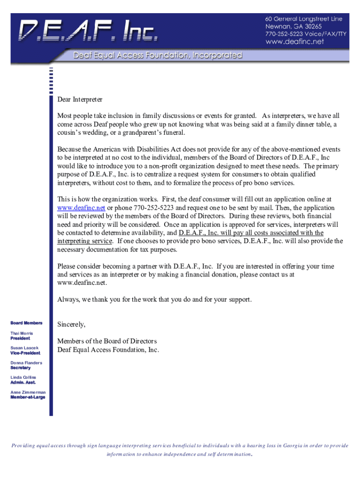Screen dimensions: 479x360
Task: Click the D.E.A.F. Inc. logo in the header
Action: [x=88, y=30]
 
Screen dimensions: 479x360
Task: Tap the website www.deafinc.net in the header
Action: [x=295, y=42]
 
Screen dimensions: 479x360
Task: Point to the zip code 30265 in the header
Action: [x=311, y=27]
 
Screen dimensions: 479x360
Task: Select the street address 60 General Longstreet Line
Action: [x=304, y=19]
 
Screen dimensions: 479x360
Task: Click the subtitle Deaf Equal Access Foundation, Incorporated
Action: [x=157, y=56]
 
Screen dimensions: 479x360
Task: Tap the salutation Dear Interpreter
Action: [x=79, y=100]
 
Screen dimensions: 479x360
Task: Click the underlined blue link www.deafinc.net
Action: [x=81, y=208]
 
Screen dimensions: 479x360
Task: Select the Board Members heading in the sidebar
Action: [x=26, y=323]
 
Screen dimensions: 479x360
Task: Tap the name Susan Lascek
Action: [x=24, y=348]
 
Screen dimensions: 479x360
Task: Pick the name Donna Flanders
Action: [x=26, y=363]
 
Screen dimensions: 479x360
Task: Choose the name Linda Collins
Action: [x=23, y=377]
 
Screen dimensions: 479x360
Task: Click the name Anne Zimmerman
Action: [x=28, y=392]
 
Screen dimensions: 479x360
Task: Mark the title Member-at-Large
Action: [x=28, y=397]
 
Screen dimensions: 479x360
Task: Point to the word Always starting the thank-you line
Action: [x=68, y=299]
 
